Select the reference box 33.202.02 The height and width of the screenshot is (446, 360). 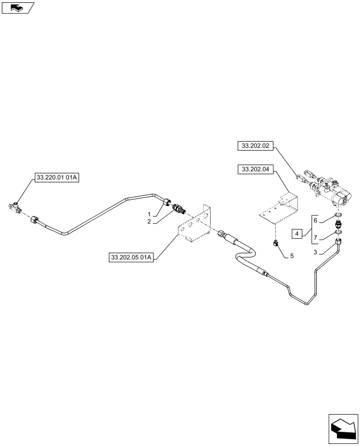tap(256, 145)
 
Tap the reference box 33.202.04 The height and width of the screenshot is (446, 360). tap(256, 169)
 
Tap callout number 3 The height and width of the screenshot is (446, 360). tap(315, 252)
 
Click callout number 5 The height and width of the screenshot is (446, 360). tap(291, 256)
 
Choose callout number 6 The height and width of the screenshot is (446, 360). tap(315, 221)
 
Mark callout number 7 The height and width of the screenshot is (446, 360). tap(315, 238)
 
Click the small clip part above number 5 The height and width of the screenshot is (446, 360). tap(275, 243)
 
